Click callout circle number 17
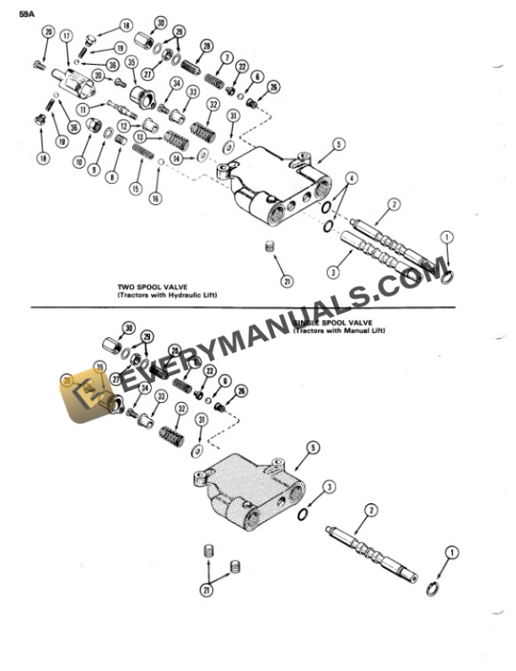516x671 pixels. [x=66, y=35]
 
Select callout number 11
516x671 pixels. [x=83, y=110]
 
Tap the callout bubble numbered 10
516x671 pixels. [x=81, y=162]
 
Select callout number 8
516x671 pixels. [x=112, y=177]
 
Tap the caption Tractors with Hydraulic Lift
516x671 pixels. [x=161, y=296]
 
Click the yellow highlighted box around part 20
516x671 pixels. [x=84, y=391]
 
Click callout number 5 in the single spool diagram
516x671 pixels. [x=313, y=449]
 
